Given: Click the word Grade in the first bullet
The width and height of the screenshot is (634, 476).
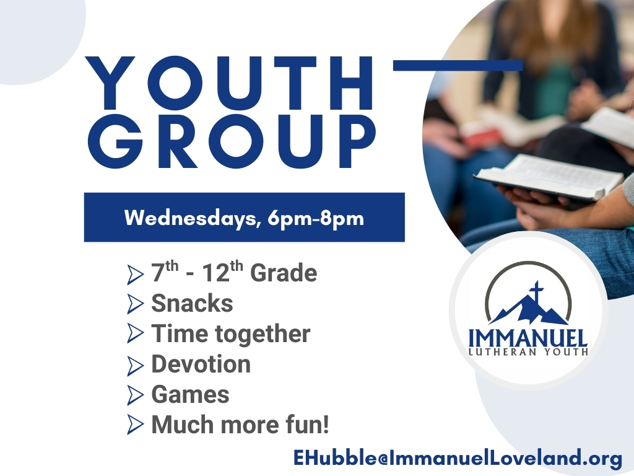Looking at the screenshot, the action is pyautogui.click(x=284, y=273).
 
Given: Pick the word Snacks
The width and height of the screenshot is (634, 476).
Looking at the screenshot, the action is pyautogui.click(x=192, y=303).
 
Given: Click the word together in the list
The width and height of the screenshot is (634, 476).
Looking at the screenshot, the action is pyautogui.click(x=263, y=334).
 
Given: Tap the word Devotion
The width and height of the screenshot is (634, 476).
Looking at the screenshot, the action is pyautogui.click(x=201, y=364).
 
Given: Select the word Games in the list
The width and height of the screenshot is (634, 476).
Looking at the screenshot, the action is pyautogui.click(x=191, y=394).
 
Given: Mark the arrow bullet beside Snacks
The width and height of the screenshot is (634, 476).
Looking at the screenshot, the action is pyautogui.click(x=135, y=304).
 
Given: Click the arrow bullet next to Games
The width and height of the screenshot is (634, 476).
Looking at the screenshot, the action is pyautogui.click(x=135, y=395).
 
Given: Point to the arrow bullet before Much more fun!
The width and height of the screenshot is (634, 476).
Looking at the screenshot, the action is pyautogui.click(x=135, y=425).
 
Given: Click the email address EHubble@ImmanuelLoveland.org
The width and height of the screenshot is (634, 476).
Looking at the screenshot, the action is pyautogui.click(x=458, y=458).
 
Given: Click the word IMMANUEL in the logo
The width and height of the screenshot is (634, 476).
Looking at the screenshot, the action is pyautogui.click(x=528, y=338).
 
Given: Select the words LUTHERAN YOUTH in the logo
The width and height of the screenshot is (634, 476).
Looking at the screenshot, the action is pyautogui.click(x=528, y=352).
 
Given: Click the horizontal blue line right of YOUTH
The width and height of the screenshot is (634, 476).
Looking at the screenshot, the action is pyautogui.click(x=458, y=65).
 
